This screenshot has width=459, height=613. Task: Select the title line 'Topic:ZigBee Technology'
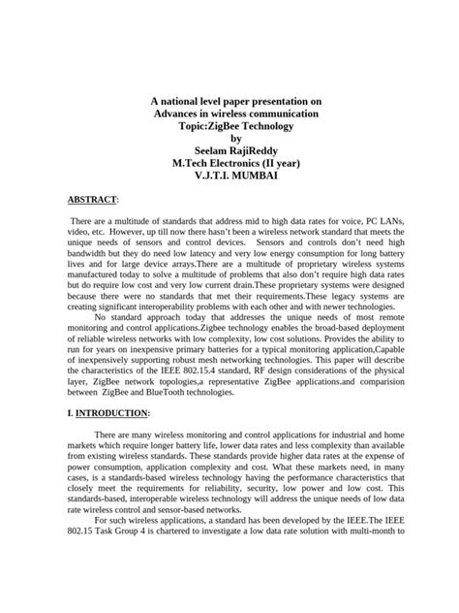click(229, 127)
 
